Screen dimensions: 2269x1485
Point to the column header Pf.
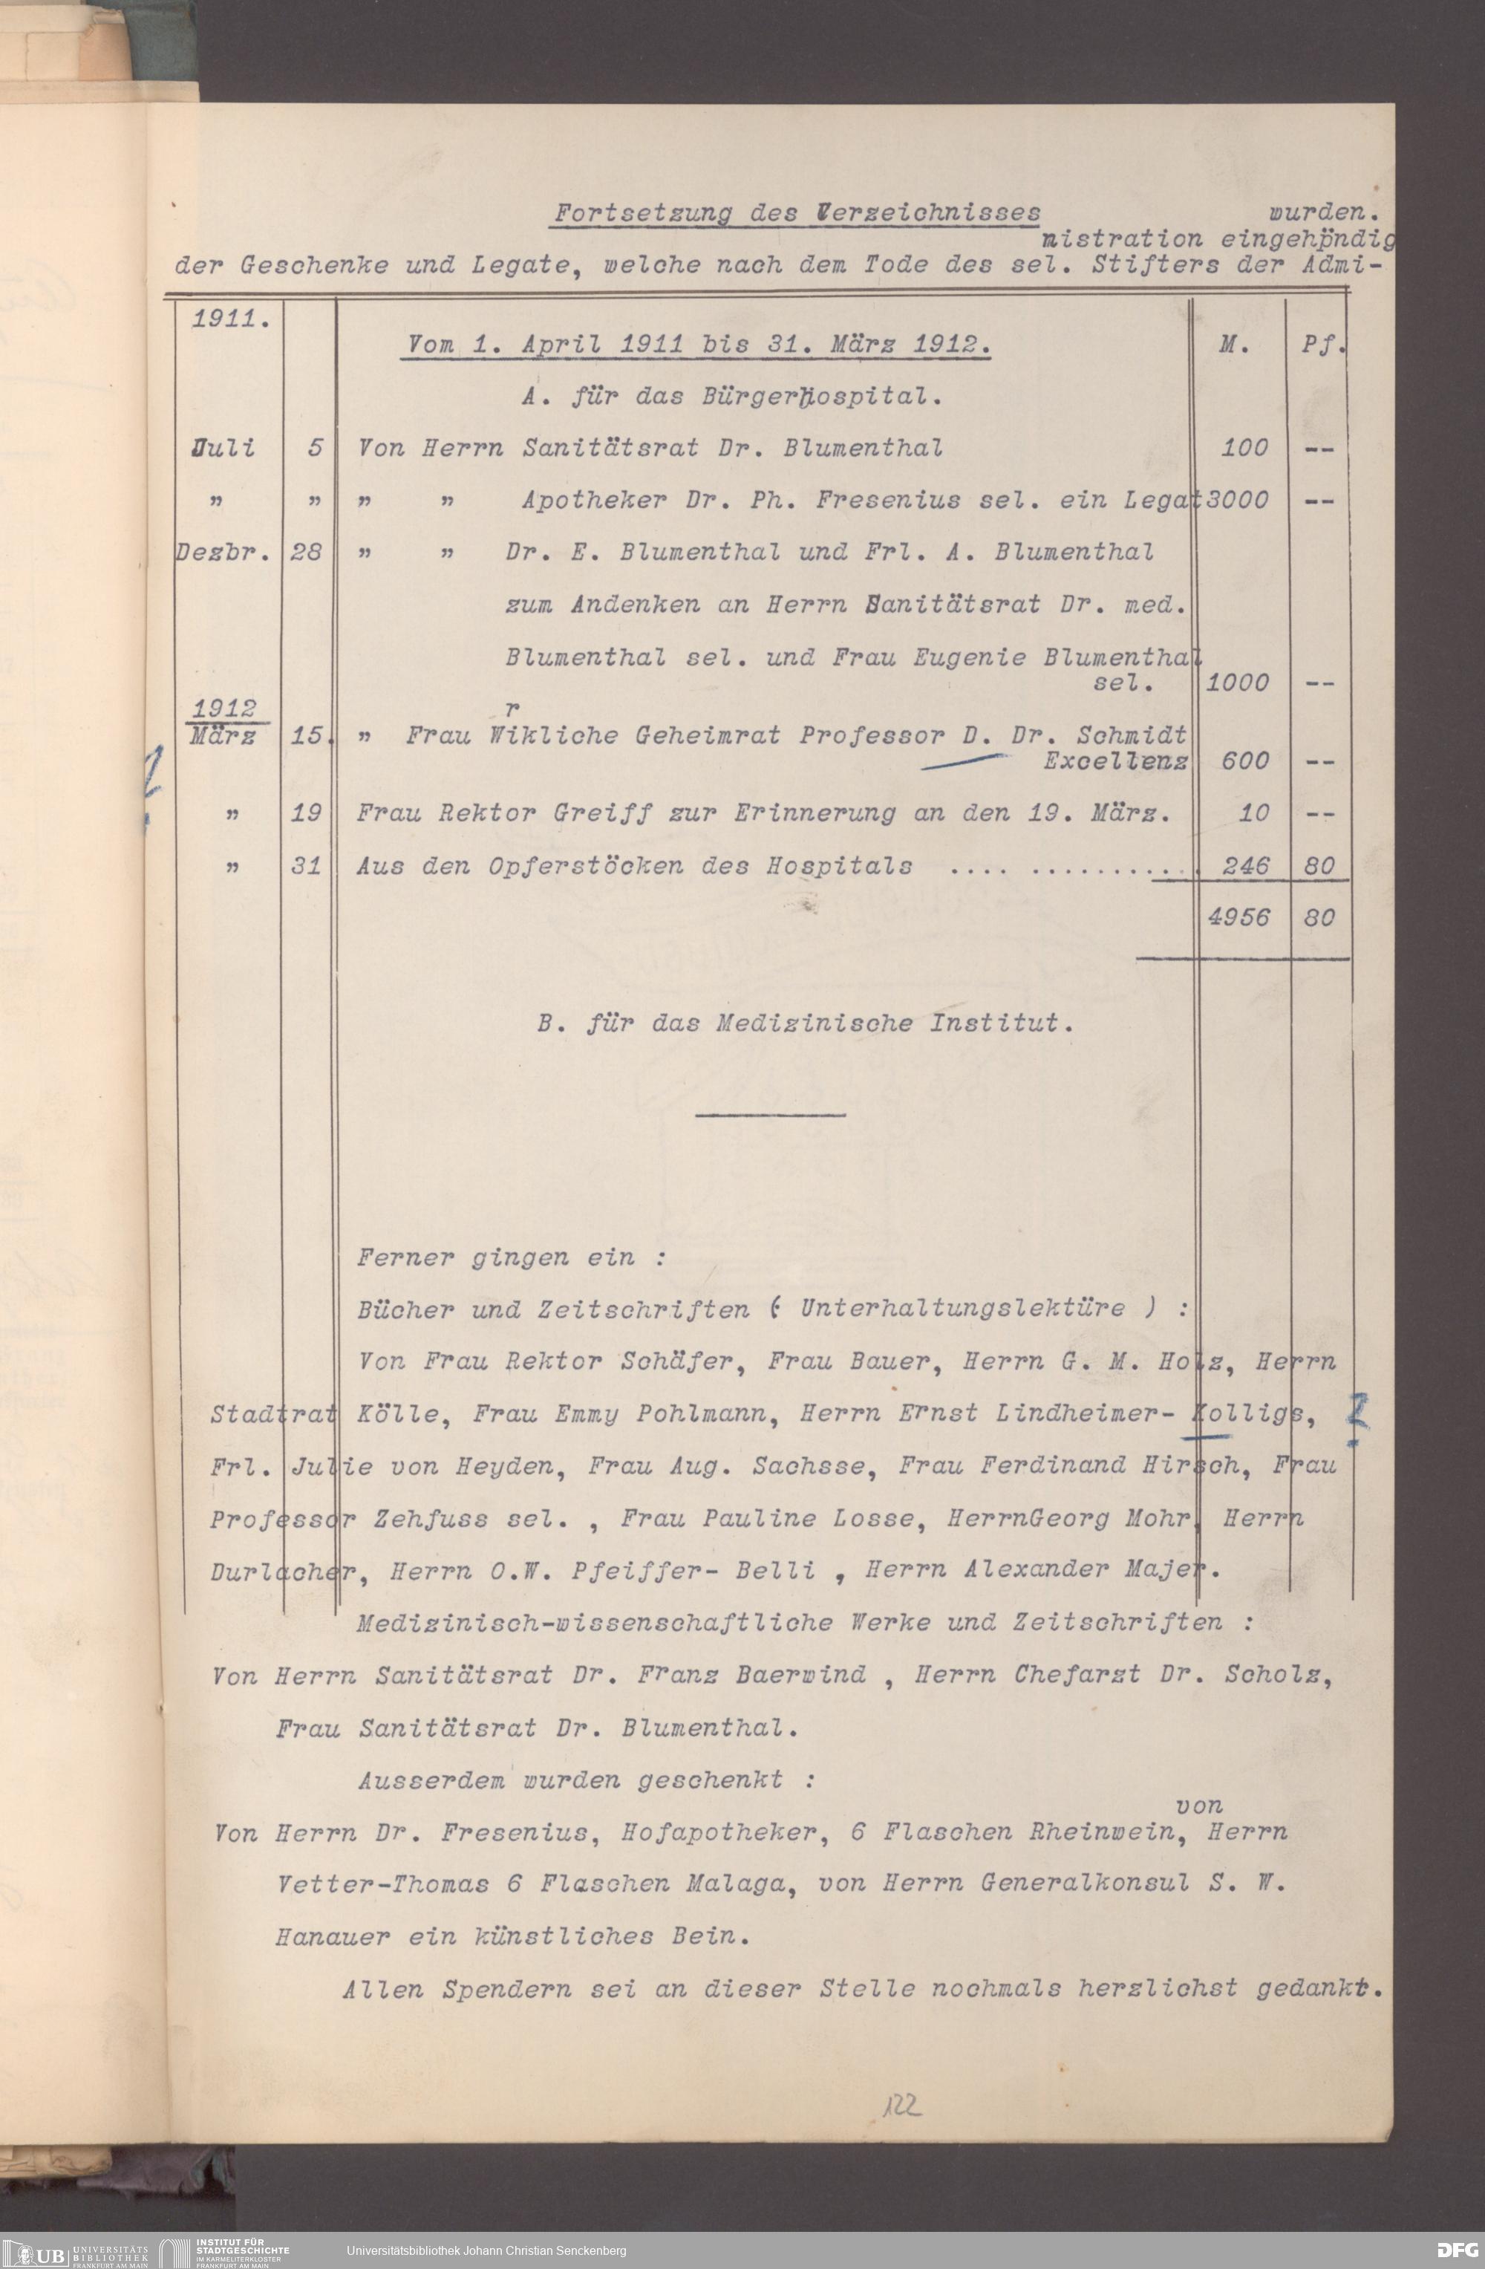[1321, 345]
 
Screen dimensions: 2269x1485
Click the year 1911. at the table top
[229, 319]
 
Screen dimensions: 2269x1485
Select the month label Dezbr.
[222, 552]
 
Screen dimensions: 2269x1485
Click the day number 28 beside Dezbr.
[306, 552]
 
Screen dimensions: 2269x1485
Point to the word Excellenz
[1115, 761]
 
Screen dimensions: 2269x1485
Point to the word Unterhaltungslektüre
[963, 1308]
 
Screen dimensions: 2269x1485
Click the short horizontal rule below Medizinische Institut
[770, 1115]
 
